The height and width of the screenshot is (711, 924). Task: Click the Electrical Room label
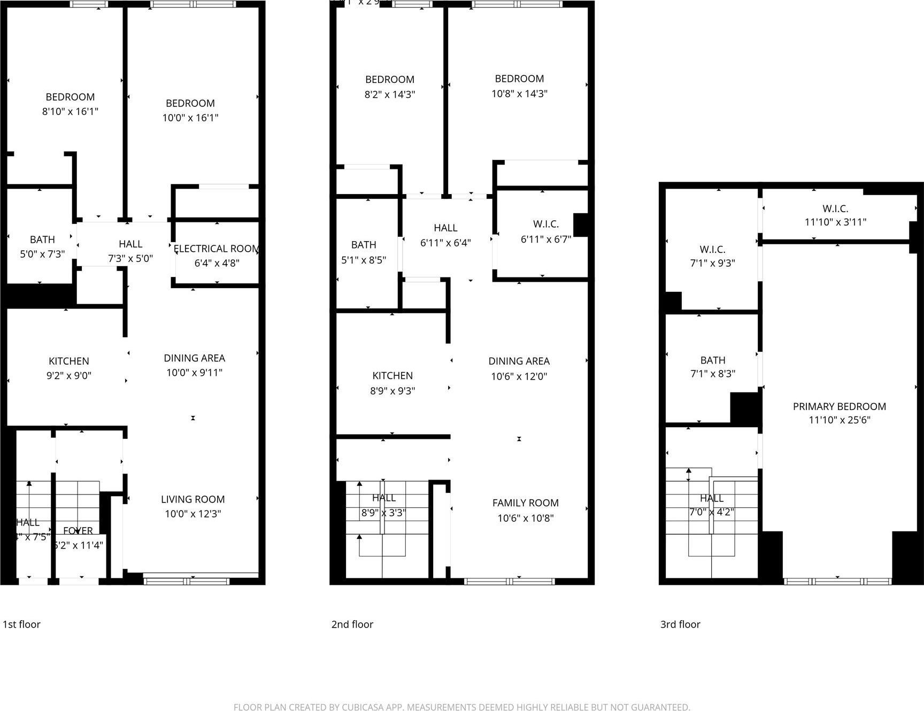tap(216, 249)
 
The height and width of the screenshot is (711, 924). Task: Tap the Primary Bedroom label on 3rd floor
tap(839, 407)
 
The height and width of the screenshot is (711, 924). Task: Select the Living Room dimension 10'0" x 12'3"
tap(192, 514)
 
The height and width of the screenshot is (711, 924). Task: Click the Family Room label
tap(525, 503)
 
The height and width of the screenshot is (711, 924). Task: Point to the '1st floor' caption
tap(21, 624)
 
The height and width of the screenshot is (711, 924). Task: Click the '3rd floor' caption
tap(680, 624)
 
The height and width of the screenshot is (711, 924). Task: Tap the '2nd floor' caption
tap(352, 624)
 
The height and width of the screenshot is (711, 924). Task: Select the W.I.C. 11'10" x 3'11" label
tap(835, 215)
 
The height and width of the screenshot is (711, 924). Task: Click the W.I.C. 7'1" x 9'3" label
tap(712, 256)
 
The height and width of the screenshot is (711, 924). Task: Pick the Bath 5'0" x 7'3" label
tap(42, 246)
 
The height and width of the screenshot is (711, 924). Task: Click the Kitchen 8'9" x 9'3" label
tap(392, 383)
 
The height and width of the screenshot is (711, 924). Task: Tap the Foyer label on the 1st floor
tap(78, 531)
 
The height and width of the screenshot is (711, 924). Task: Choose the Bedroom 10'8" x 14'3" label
tap(519, 86)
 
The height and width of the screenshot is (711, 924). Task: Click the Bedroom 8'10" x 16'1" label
tap(70, 104)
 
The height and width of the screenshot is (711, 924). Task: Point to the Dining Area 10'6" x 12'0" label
tap(519, 368)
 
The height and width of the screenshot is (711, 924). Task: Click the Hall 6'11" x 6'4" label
tap(445, 235)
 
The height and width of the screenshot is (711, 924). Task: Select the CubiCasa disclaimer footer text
tap(461, 707)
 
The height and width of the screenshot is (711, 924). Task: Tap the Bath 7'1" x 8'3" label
tap(712, 367)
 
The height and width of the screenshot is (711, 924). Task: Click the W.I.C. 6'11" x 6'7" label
tap(545, 231)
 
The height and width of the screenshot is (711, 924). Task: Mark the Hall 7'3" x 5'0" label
tap(130, 251)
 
